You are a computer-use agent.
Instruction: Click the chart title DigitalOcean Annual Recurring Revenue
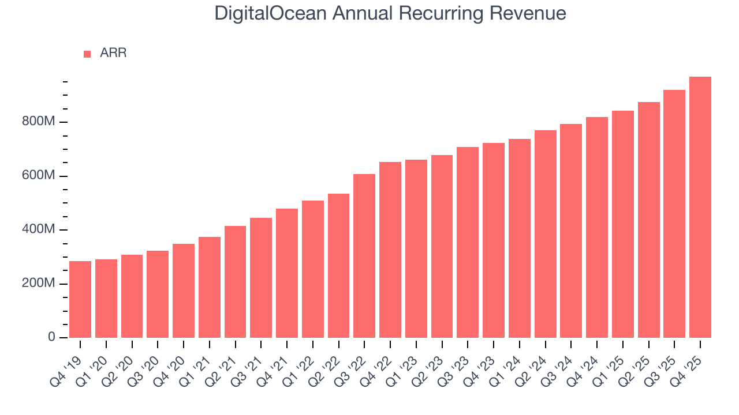tap(390, 13)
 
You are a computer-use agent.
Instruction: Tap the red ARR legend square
tap(87, 54)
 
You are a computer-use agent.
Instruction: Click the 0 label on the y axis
tap(51, 337)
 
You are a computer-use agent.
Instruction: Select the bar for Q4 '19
tap(80, 299)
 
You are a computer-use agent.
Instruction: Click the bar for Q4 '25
tap(700, 207)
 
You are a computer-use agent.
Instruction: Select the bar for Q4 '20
tap(184, 290)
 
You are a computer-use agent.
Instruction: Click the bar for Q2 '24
tap(546, 233)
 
